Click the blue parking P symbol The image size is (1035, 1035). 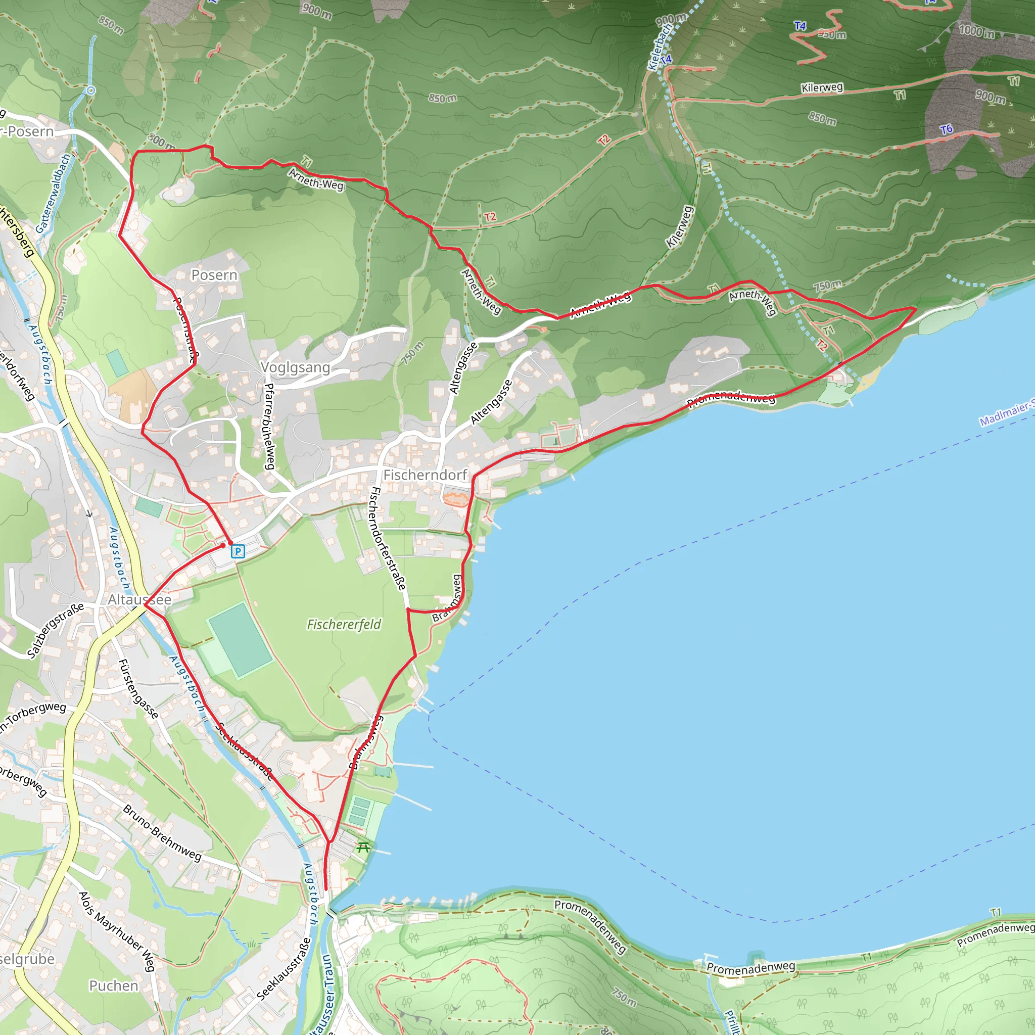coord(238,551)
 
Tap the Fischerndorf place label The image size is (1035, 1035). coord(426,475)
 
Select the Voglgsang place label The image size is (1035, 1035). coord(295,367)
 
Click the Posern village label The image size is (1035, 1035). coord(214,275)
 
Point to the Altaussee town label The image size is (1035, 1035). coord(139,599)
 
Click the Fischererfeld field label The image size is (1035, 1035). coord(344,624)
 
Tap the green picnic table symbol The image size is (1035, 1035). coord(363,847)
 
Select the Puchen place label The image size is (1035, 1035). coord(114,985)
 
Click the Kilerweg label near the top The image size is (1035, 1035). coord(822,87)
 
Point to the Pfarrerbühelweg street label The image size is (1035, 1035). coord(269,426)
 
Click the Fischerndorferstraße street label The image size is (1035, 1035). coord(387,538)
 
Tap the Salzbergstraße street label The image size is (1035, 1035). coord(56,630)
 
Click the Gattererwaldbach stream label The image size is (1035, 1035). coord(53,193)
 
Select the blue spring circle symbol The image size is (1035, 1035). coord(91,90)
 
